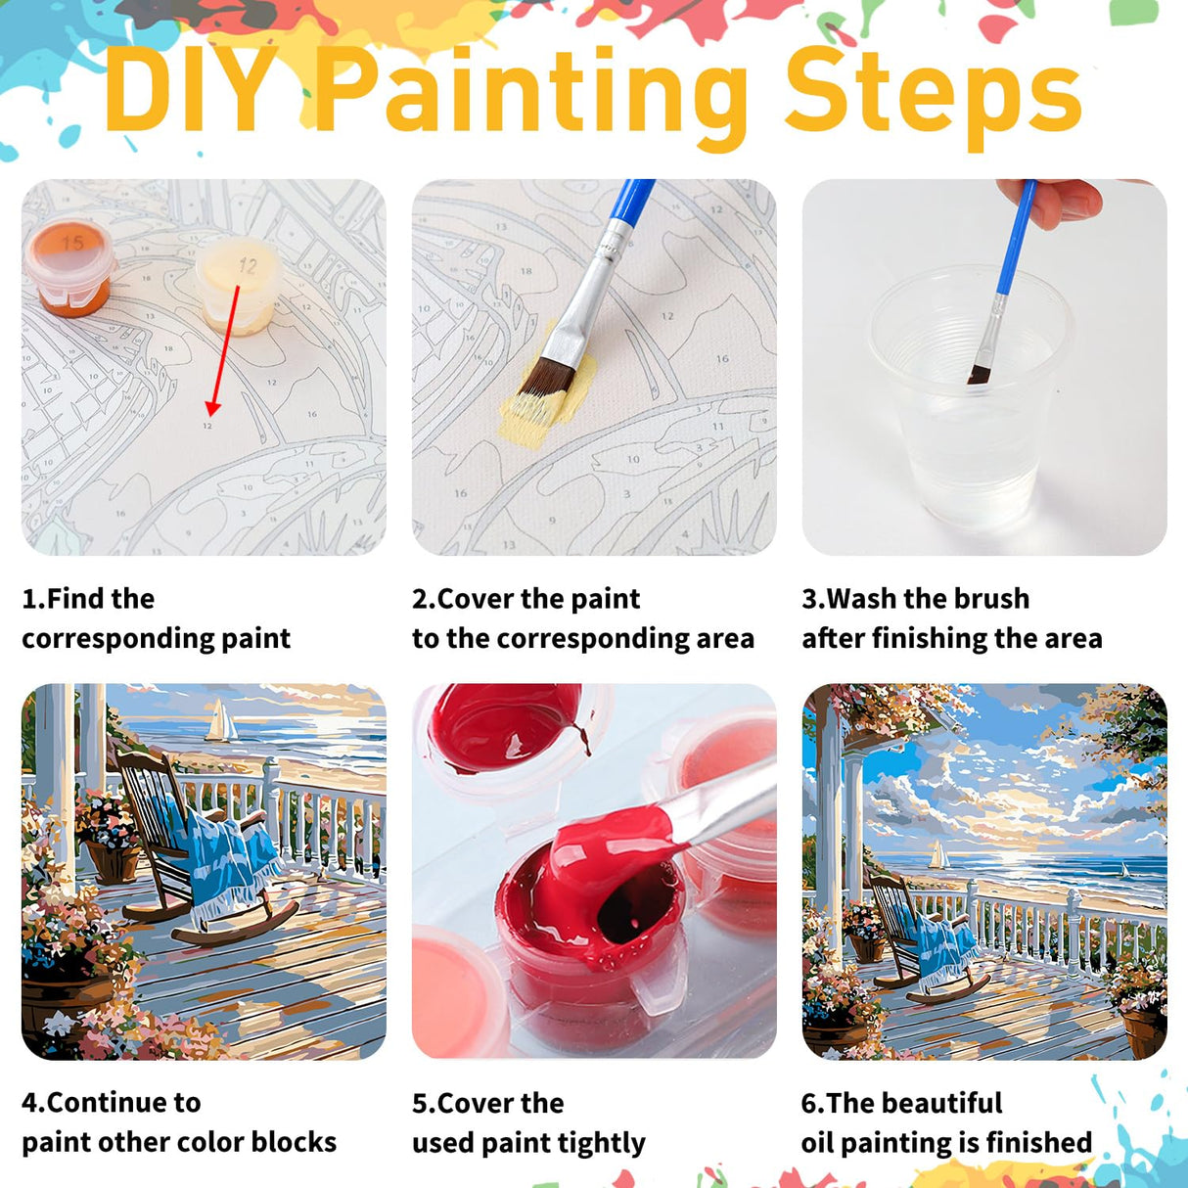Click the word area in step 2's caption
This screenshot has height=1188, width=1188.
724,638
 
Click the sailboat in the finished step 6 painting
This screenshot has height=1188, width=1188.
938,855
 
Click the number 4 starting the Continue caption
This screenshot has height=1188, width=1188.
30,1103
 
